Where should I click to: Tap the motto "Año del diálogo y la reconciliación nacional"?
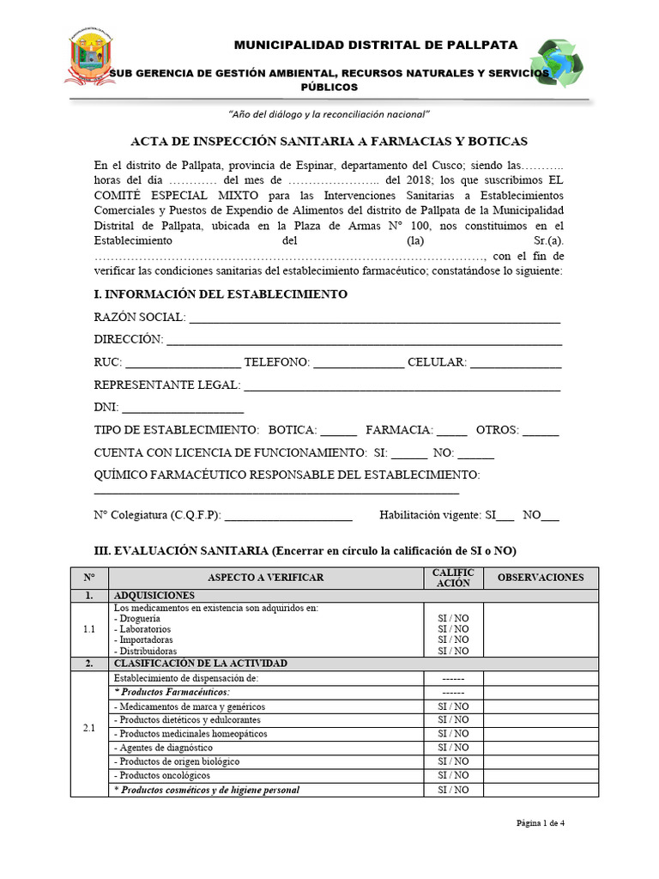pyautogui.click(x=329, y=114)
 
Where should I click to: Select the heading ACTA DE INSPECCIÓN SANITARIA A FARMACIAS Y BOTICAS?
pyautogui.click(x=329, y=141)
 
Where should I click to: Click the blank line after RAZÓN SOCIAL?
pyautogui.click(x=374, y=319)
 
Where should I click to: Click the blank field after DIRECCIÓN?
pyautogui.click(x=364, y=341)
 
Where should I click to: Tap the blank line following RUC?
pyautogui.click(x=183, y=364)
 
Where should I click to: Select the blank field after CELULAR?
pyautogui.click(x=516, y=364)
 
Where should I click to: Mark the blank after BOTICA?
pyautogui.click(x=338, y=431)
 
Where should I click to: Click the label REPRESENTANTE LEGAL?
pyautogui.click(x=166, y=385)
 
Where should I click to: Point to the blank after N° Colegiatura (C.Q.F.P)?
pyautogui.click(x=288, y=517)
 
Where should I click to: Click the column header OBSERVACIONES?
pyautogui.click(x=541, y=578)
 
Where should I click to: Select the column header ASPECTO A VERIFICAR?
pyautogui.click(x=266, y=578)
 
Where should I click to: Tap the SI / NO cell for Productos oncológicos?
pyautogui.click(x=453, y=775)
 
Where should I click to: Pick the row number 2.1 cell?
pyautogui.click(x=89, y=728)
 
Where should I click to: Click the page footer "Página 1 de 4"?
pyautogui.click(x=540, y=823)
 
